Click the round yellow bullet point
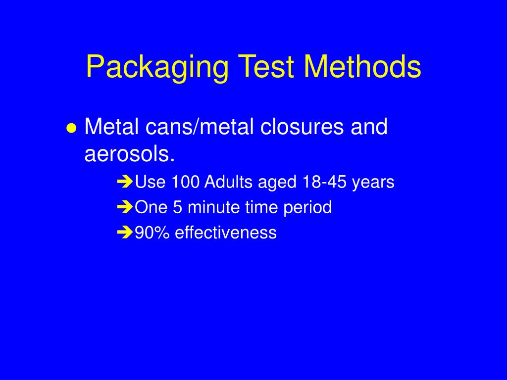click(71, 128)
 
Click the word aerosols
click(130, 154)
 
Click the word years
click(373, 183)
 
